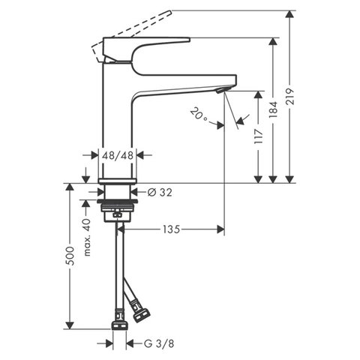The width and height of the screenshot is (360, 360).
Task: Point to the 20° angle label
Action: click(x=198, y=115)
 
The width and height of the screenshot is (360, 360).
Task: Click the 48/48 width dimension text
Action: click(x=118, y=156)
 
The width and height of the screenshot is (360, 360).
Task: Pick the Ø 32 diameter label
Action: click(x=159, y=193)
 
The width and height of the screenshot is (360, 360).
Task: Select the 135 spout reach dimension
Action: click(x=171, y=230)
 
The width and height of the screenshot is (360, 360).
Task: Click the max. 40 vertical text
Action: click(x=87, y=237)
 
